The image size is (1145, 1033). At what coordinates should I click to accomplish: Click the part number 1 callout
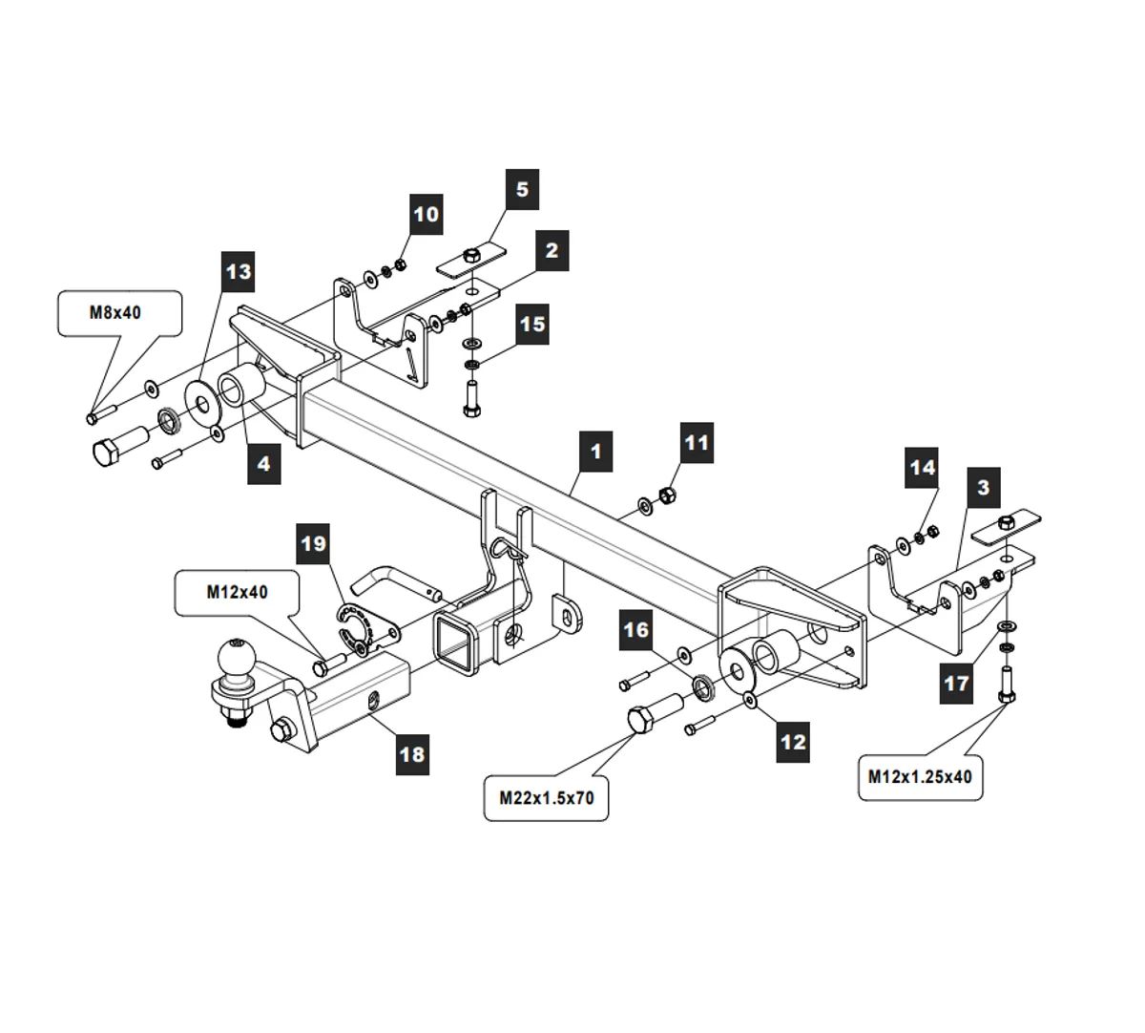tap(595, 450)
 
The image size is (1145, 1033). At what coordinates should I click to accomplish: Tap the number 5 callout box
tap(521, 189)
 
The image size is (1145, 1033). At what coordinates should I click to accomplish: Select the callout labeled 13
tap(238, 272)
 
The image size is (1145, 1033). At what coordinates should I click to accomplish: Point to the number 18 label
tap(411, 754)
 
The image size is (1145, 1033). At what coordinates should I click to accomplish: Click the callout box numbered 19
tap(312, 544)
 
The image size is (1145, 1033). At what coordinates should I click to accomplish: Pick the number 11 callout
tap(697, 443)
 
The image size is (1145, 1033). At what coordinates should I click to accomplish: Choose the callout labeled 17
tap(956, 684)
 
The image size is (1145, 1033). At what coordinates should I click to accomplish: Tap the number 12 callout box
tap(793, 741)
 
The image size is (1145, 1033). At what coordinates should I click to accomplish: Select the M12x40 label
tap(237, 592)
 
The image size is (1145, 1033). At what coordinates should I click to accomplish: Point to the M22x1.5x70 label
tap(546, 798)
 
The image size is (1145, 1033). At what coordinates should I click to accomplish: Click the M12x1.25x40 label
tap(920, 776)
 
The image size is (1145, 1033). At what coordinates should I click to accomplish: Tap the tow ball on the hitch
tap(234, 658)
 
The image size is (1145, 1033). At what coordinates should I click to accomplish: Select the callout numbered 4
tap(263, 464)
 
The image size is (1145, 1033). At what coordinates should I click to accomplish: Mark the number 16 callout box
tap(635, 630)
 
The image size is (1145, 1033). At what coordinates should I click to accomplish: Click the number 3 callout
tap(983, 488)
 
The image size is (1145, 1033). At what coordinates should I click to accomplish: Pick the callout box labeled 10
tap(427, 214)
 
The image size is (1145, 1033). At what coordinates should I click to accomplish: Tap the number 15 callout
tap(531, 325)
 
